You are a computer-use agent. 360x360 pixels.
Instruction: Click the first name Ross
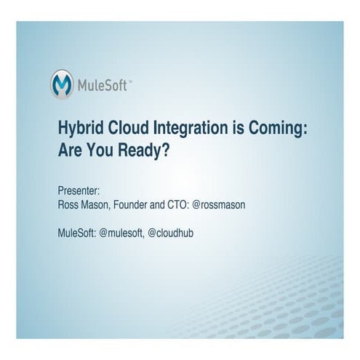pos(68,205)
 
